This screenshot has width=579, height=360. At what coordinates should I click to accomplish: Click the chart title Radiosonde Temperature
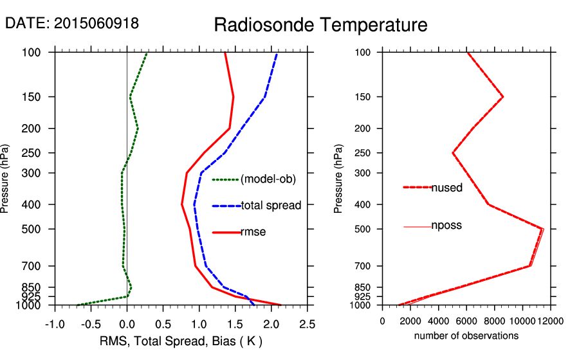pyautogui.click(x=320, y=25)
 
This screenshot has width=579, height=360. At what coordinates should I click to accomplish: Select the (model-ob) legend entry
pyautogui.click(x=268, y=179)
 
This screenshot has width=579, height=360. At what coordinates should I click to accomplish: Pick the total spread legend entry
pyautogui.click(x=271, y=206)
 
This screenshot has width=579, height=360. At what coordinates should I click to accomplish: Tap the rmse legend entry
pyautogui.click(x=253, y=232)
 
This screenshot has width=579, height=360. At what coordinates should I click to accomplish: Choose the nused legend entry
pyautogui.click(x=446, y=187)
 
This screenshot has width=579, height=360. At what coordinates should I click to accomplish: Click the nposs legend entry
pyautogui.click(x=446, y=226)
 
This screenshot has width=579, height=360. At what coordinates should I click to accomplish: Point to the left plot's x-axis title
pyautogui.click(x=181, y=340)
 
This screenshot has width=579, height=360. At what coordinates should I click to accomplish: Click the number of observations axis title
pyautogui.click(x=466, y=336)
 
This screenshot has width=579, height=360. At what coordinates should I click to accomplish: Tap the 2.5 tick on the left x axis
pyautogui.click(x=307, y=322)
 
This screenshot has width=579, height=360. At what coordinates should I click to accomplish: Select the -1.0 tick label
pyautogui.click(x=55, y=322)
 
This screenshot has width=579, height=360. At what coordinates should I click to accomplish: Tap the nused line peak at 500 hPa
pyautogui.click(x=542, y=229)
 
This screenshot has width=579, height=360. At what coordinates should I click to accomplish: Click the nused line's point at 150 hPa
pyautogui.click(x=502, y=97)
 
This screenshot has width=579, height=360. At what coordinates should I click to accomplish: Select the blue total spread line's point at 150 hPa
pyautogui.click(x=264, y=97)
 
